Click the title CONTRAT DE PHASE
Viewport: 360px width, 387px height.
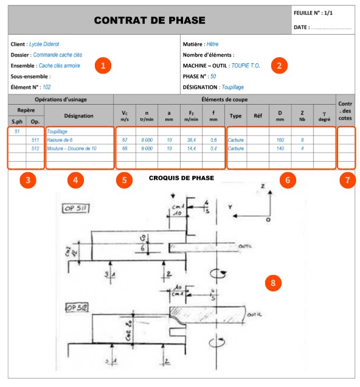point(149,21)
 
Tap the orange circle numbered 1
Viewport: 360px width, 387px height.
point(105,66)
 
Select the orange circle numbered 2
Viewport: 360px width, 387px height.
point(279,66)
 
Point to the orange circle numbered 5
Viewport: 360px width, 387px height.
point(125,180)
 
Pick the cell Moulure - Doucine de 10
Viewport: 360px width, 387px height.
point(71,148)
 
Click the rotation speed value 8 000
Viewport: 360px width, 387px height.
point(147,140)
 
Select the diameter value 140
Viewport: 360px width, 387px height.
point(280,148)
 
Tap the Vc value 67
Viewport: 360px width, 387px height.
point(125,140)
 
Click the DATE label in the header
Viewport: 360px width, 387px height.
point(302,27)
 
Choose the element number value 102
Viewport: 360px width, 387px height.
point(46,87)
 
